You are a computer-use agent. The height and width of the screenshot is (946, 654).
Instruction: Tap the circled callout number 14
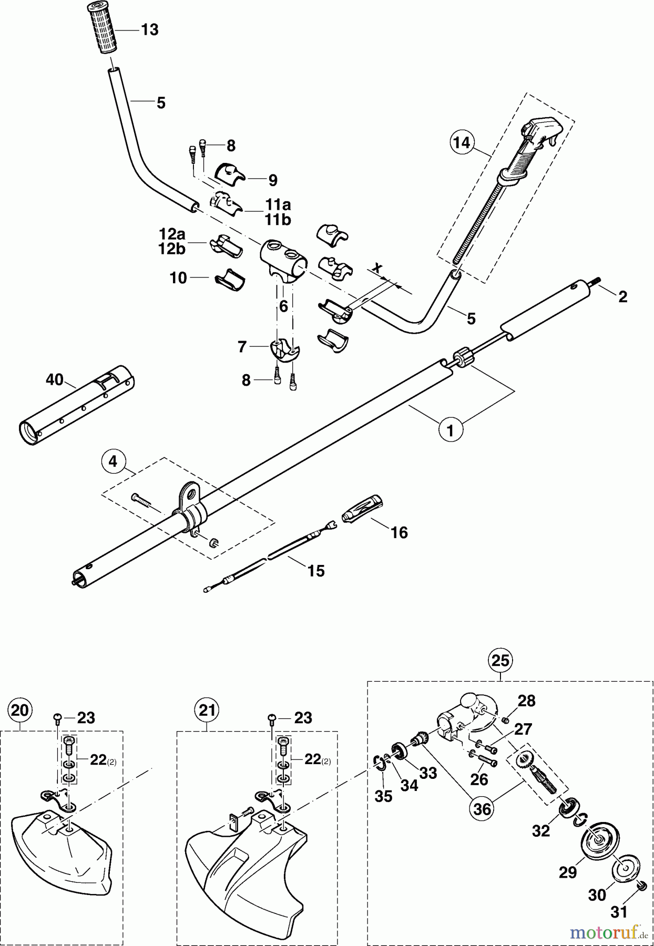pyautogui.click(x=461, y=142)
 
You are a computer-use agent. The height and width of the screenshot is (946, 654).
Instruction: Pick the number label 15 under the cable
pyautogui.click(x=316, y=571)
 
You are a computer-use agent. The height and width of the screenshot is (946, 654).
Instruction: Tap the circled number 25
pyautogui.click(x=499, y=660)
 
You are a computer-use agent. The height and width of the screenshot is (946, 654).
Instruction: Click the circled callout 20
pyautogui.click(x=19, y=711)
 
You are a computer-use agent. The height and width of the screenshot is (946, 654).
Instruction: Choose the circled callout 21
pyautogui.click(x=207, y=711)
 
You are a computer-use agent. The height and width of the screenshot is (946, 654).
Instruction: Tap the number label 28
pyautogui.click(x=526, y=701)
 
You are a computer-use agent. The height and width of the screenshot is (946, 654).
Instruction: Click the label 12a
pyautogui.click(x=172, y=233)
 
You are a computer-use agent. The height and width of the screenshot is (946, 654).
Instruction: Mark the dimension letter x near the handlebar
pyautogui.click(x=376, y=269)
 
